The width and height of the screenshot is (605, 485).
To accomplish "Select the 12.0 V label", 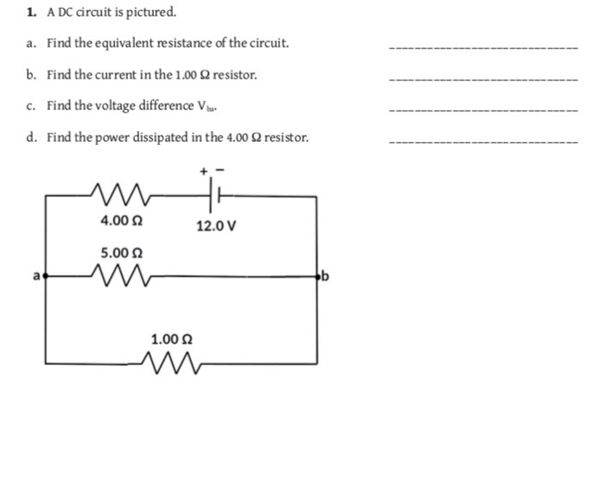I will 216,227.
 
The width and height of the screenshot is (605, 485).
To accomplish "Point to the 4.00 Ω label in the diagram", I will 122,221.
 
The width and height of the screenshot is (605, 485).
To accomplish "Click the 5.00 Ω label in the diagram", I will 122,253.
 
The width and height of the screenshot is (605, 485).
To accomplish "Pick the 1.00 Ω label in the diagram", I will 172,338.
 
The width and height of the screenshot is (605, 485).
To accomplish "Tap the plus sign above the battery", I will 206,172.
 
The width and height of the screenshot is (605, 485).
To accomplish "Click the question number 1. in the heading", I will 31,13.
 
